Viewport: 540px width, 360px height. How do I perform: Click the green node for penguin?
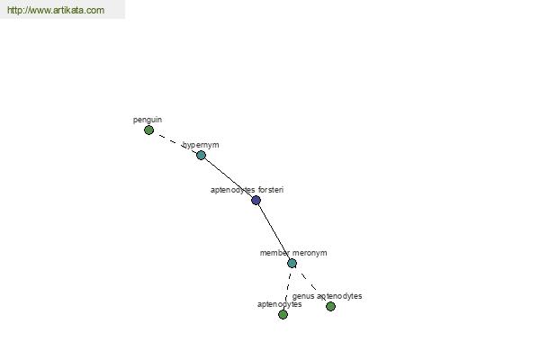pyautogui.click(x=148, y=130)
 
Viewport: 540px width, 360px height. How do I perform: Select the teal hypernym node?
pyautogui.click(x=201, y=156)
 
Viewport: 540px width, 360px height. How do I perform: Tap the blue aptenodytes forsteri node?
pyautogui.click(x=256, y=200)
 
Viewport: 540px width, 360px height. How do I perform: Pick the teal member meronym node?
pyautogui.click(x=292, y=263)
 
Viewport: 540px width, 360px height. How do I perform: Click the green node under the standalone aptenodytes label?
pyautogui.click(x=283, y=314)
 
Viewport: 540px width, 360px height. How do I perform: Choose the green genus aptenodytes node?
pyautogui.click(x=330, y=306)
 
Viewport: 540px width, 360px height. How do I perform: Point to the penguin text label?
pyautogui.click(x=148, y=120)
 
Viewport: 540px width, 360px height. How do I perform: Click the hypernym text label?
pyautogui.click(x=201, y=145)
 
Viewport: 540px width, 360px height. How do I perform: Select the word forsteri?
pyautogui.click(x=271, y=190)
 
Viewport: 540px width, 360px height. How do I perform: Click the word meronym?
pyautogui.click(x=310, y=253)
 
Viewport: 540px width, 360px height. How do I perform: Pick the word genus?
pyautogui.click(x=303, y=296)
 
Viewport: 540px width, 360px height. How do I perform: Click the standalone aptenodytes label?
pyautogui.click(x=280, y=304)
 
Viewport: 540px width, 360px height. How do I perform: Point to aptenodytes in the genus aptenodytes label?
pyautogui.click(x=339, y=296)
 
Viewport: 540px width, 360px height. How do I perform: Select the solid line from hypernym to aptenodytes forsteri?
pyautogui.click(x=229, y=178)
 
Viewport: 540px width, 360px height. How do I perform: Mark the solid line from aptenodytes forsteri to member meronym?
pyautogui.click(x=274, y=232)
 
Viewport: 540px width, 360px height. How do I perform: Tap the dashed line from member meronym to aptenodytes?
pyautogui.click(x=287, y=289)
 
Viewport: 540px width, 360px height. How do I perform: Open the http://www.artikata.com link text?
pyautogui.click(x=56, y=10)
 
